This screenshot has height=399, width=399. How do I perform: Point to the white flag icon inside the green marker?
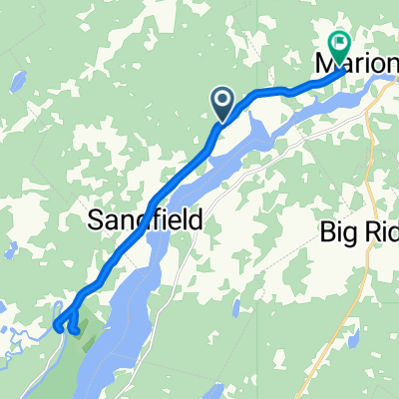coord(340,43)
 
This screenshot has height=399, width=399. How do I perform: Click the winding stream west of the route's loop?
coord(25,329)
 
